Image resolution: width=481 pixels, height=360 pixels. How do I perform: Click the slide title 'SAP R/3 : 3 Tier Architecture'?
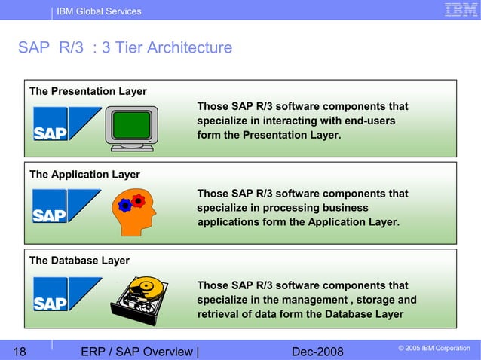pos(125,48)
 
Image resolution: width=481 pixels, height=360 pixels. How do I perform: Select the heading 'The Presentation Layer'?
pos(87,91)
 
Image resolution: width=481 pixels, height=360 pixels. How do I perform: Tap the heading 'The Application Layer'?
pos(84,174)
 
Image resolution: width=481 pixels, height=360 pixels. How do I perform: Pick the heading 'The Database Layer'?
pos(79,261)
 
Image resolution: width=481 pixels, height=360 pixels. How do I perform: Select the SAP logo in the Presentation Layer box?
pos(66,124)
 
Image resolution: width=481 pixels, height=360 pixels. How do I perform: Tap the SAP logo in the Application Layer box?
pos(66,206)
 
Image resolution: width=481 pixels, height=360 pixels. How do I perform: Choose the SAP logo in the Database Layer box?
pos(66,294)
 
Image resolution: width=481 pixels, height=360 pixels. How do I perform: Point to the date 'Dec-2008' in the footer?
pos(317,351)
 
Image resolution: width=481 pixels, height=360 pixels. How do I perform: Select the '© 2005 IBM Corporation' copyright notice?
pos(433,348)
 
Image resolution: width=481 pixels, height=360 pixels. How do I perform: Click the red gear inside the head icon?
pos(137,200)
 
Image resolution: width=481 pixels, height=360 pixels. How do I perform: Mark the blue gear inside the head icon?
pos(125,206)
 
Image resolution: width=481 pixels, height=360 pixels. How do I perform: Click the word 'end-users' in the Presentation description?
pos(369,121)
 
